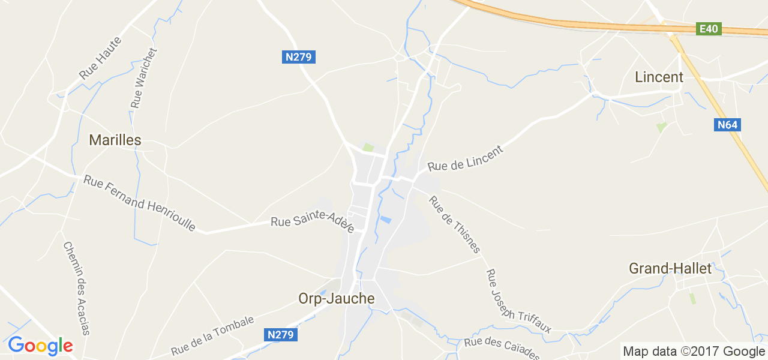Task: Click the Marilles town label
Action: point(115,140)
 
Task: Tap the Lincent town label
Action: point(659,77)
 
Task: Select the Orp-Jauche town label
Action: point(336,299)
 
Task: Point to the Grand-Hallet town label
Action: point(670,268)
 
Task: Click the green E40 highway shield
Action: point(709,29)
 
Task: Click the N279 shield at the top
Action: point(299,57)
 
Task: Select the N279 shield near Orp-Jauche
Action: point(281,335)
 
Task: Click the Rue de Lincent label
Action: point(465,157)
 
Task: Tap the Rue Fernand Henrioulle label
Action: point(140,203)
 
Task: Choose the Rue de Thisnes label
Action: point(455,224)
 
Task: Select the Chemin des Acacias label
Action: point(76,288)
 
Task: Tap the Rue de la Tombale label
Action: point(212,335)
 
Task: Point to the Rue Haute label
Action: point(100,58)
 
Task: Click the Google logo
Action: point(40,346)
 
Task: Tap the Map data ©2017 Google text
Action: point(694,352)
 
